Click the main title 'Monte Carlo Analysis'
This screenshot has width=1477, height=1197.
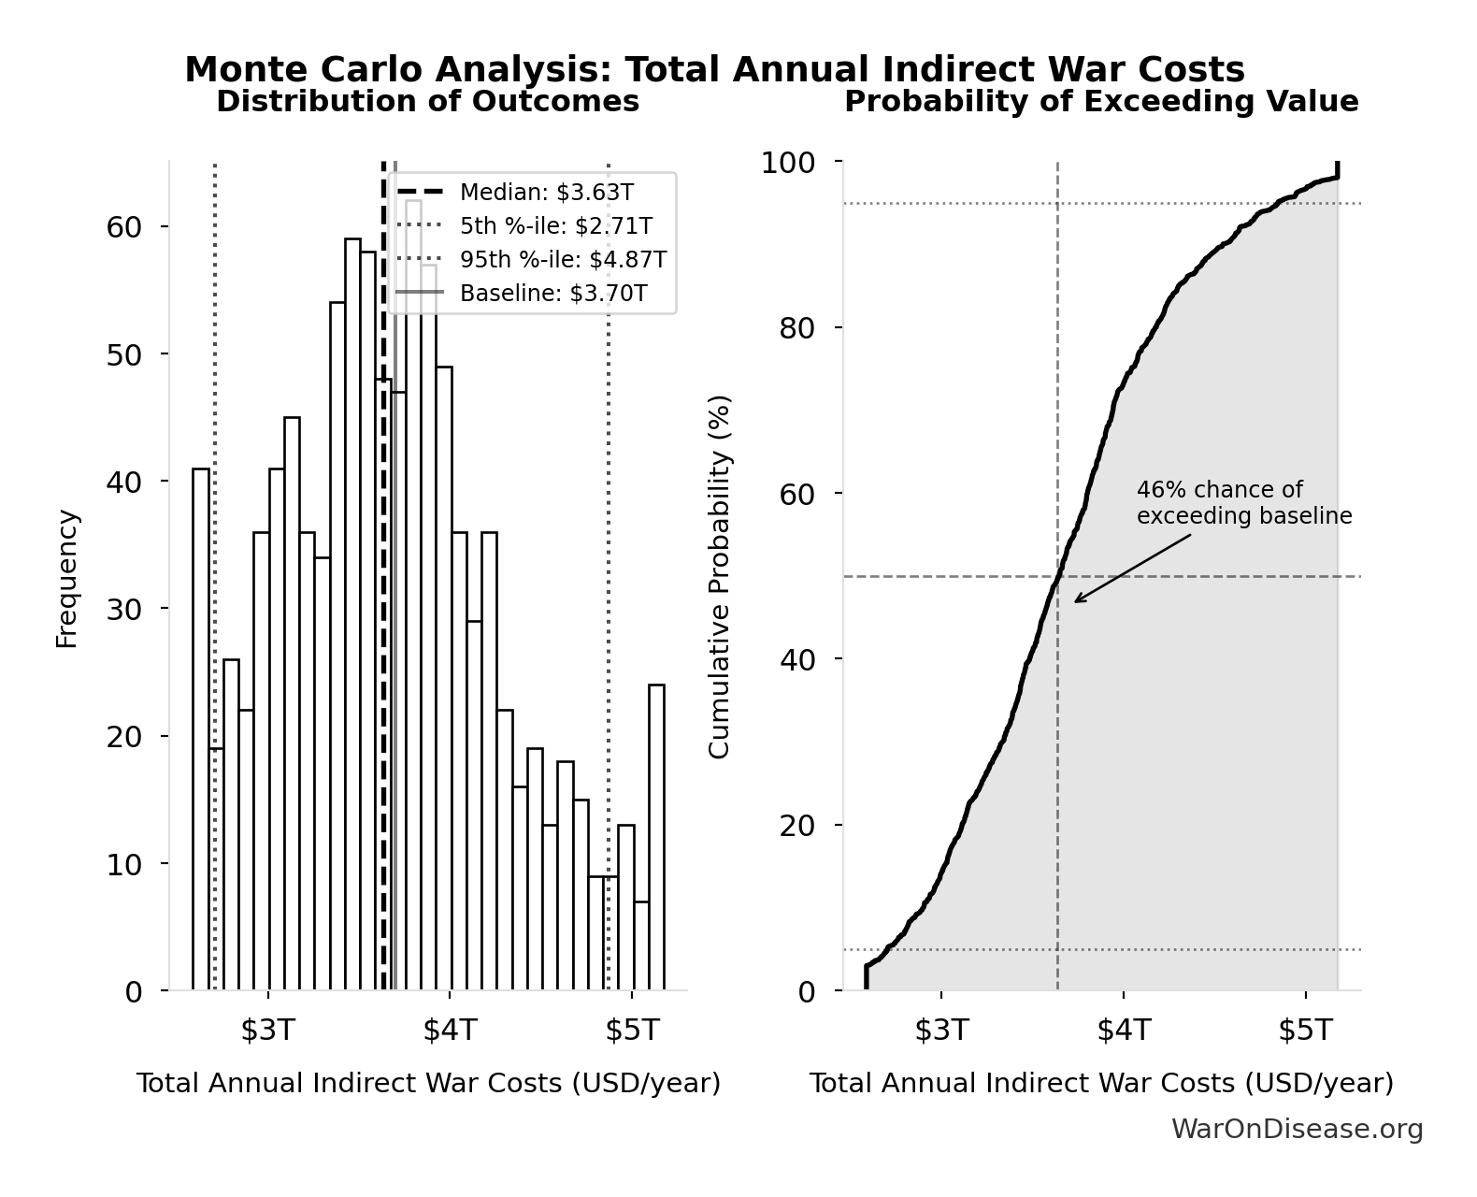[x=714, y=70]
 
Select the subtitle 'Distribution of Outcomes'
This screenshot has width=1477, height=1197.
[x=428, y=101]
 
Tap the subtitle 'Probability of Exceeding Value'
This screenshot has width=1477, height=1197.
[x=1101, y=101]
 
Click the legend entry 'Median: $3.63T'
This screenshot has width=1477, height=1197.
[x=546, y=193]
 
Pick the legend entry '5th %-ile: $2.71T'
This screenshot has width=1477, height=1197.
[x=555, y=226]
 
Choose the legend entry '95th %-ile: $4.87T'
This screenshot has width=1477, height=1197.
[x=563, y=260]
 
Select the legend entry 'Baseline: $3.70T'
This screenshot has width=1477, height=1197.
[x=552, y=294]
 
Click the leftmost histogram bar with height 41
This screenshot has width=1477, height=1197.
[x=201, y=729]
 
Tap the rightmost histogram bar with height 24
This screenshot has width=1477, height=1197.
[x=656, y=837]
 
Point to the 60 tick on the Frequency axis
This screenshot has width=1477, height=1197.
[x=123, y=227]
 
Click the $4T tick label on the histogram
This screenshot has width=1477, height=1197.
[x=450, y=1031]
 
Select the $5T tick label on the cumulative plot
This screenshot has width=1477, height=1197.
[x=1305, y=1031]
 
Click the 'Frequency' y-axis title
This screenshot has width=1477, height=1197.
[x=66, y=578]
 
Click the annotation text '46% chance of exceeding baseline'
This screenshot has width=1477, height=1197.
[x=1243, y=503]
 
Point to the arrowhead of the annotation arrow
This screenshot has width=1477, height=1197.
[x=1076, y=601]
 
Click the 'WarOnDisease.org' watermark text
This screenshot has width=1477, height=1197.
[x=1297, y=1130]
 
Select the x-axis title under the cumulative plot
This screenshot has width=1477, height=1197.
[x=1100, y=1083]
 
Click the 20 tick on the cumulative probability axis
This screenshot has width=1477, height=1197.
[x=796, y=826]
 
